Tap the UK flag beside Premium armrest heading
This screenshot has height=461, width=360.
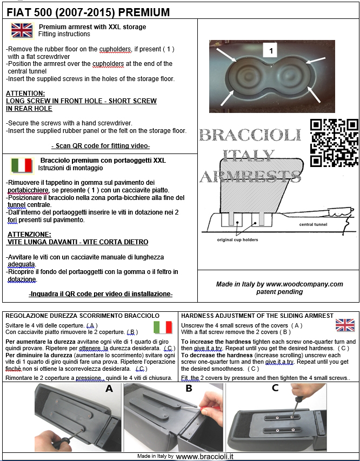pyautogui.click(x=22, y=30)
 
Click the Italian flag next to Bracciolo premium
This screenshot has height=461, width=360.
pyautogui.click(x=22, y=165)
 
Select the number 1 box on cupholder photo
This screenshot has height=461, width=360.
pyautogui.click(x=270, y=51)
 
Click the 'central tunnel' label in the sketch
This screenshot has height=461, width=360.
pyautogui.click(x=316, y=224)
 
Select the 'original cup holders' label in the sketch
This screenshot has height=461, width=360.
pyautogui.click(x=237, y=239)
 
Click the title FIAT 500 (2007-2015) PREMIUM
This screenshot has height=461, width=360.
pyautogui.click(x=88, y=12)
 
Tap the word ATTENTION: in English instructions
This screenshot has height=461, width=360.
pyautogui.click(x=25, y=93)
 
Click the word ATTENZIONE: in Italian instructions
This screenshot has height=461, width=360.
pyautogui.click(x=30, y=234)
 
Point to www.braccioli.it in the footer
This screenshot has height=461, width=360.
pyautogui.click(x=205, y=456)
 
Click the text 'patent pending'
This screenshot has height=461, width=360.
pyautogui.click(x=279, y=291)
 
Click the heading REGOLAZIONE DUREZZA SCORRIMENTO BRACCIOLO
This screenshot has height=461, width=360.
pyautogui.click(x=82, y=315)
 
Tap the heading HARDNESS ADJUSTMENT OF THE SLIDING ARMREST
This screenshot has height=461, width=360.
pyautogui.click(x=257, y=315)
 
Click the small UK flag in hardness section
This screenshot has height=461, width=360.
pyautogui.click(x=344, y=325)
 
